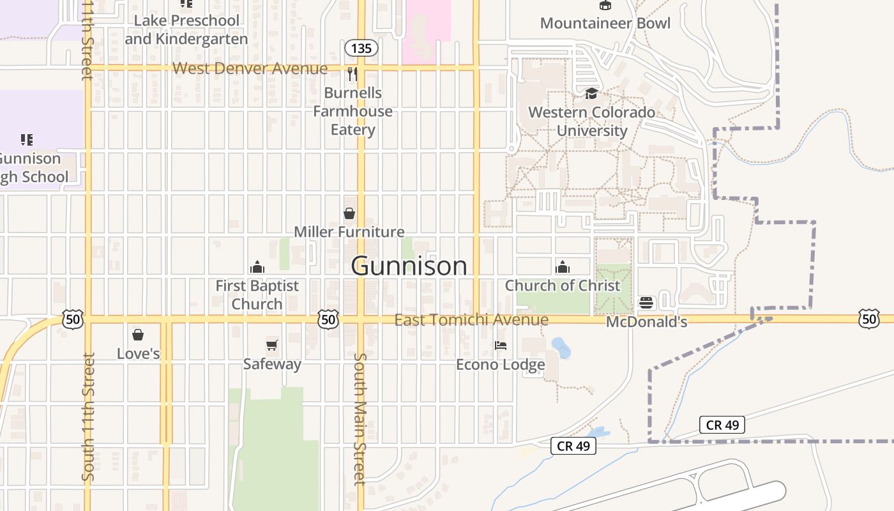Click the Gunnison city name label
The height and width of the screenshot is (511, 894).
pyautogui.click(x=409, y=266)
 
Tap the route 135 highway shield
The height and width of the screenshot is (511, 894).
pyautogui.click(x=361, y=48)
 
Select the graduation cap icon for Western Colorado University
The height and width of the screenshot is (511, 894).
pyautogui.click(x=591, y=94)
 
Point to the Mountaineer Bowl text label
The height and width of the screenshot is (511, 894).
pyautogui.click(x=605, y=24)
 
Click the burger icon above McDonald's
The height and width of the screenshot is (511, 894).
pyautogui.click(x=646, y=302)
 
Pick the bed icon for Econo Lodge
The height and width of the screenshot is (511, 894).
pyautogui.click(x=501, y=346)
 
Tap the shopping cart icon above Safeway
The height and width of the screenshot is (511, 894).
pyautogui.click(x=272, y=346)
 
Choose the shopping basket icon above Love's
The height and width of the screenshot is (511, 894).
pyautogui.click(x=138, y=334)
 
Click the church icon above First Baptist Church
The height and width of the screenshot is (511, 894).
pyautogui.click(x=257, y=267)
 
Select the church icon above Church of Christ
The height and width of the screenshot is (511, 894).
pyautogui.click(x=562, y=267)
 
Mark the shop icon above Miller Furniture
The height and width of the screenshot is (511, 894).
pyautogui.click(x=349, y=213)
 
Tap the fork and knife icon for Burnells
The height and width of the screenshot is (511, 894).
pyautogui.click(x=352, y=74)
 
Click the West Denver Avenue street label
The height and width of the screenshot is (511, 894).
pyautogui.click(x=250, y=68)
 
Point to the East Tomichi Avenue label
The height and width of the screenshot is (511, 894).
pyautogui.click(x=471, y=320)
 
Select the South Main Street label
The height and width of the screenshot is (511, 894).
pyautogui.click(x=360, y=418)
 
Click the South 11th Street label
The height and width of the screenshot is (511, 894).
pyautogui.click(x=88, y=415)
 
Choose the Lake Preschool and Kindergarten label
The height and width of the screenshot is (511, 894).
pyautogui.click(x=186, y=29)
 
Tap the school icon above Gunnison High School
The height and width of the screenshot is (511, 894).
pyautogui.click(x=26, y=139)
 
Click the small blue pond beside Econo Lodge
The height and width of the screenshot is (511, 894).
pyautogui.click(x=561, y=347)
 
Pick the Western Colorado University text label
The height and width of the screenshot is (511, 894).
pyautogui.click(x=591, y=121)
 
